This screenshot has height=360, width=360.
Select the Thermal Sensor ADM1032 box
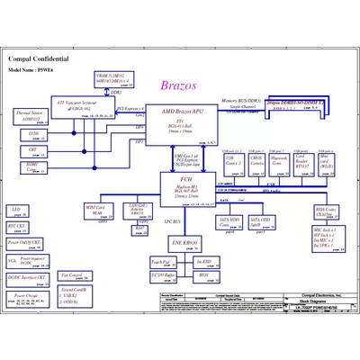[x=31, y=116]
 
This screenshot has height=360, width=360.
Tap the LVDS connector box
[x=33, y=134]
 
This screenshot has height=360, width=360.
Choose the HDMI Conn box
[x=33, y=166]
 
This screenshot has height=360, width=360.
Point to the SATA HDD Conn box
[x=230, y=220]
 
